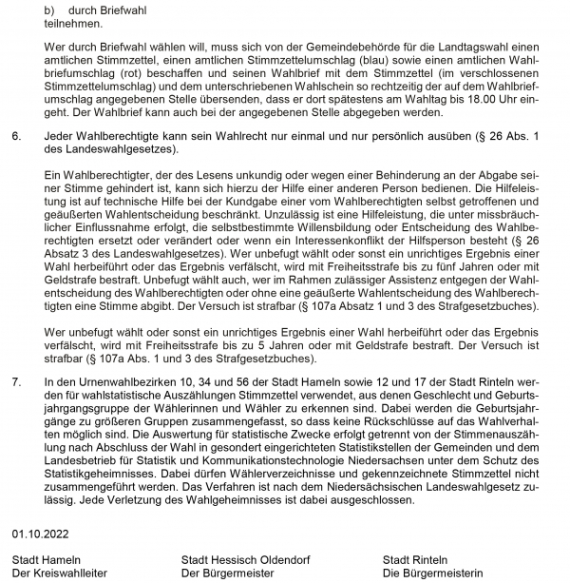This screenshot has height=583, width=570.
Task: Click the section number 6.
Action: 16,138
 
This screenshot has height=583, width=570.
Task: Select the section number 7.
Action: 16,381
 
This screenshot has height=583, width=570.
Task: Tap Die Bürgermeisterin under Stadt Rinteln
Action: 432,573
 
